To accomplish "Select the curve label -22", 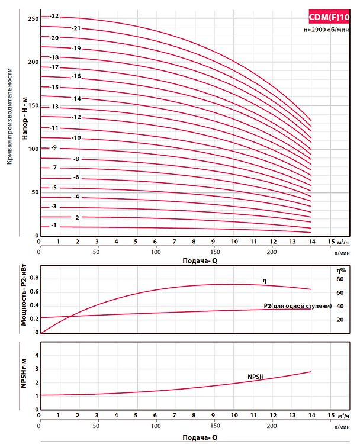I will pos(54,16).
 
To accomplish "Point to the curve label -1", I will pos(54,226).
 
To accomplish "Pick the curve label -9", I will pos(54,147).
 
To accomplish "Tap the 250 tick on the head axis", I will pos(33,19).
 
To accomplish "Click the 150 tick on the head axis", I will pos(33,106).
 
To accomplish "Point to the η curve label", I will pos(265,279).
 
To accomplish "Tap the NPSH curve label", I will pos(256,377).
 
